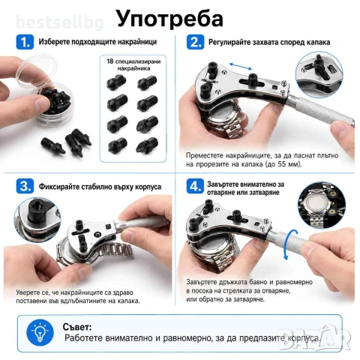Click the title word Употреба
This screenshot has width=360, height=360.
(169, 19)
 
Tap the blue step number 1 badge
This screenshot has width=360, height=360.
(25, 42)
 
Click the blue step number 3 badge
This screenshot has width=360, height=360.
(25, 186)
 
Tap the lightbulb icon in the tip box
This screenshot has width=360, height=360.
(40, 332)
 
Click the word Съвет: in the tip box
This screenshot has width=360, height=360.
(77, 327)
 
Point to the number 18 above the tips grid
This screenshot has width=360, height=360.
(110, 61)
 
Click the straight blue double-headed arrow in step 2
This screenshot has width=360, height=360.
(241, 67)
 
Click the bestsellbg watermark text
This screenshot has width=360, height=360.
(59, 23)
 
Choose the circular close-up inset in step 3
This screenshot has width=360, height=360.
(37, 220)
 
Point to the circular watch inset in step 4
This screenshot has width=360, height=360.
(322, 205)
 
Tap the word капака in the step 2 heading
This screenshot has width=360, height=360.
(317, 42)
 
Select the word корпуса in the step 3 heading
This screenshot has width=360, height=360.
(148, 187)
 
